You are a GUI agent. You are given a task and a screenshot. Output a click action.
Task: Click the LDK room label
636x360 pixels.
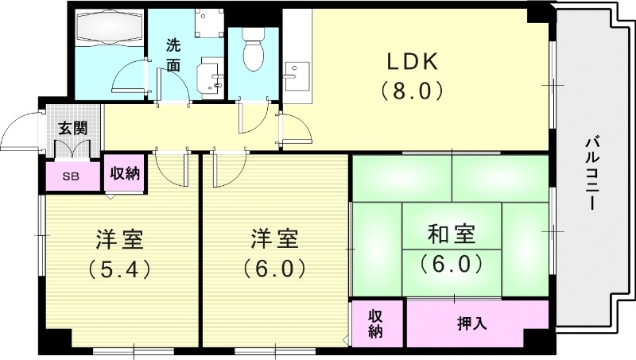tap(412, 61)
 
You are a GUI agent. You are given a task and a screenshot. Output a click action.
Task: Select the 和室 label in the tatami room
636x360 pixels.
tap(451, 234)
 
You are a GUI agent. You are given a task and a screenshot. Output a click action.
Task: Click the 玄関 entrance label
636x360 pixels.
tap(73, 128)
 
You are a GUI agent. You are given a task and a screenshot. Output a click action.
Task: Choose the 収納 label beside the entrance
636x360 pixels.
tap(124, 173)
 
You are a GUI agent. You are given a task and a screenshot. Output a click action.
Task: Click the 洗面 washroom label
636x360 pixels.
tap(174, 55)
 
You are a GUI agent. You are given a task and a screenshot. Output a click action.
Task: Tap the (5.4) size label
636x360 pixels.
tap(120, 268)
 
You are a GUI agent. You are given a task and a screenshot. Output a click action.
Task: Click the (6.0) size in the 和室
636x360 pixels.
tap(451, 262)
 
